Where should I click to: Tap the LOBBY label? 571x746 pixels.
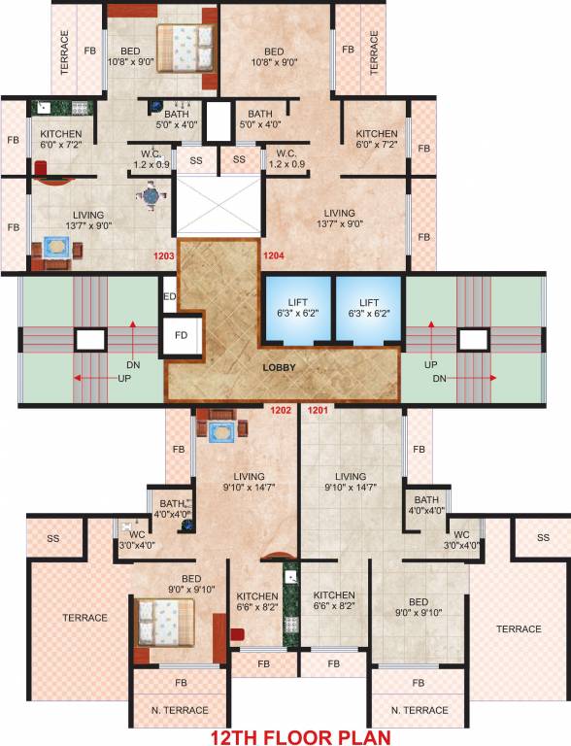click(280, 368)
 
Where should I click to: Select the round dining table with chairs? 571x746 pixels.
click(149, 198)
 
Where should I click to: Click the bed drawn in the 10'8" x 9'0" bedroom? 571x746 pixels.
click(184, 46)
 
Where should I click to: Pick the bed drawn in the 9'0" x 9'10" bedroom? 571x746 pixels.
click(162, 620)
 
